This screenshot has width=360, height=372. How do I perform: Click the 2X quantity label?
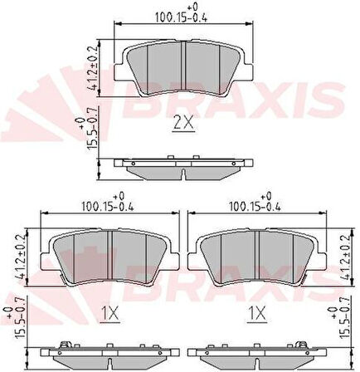point(183,123)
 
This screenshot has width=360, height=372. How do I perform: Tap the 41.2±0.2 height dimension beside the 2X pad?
point(93,68)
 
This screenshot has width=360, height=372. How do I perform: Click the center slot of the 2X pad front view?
point(183,66)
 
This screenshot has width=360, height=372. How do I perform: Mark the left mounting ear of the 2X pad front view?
point(119,72)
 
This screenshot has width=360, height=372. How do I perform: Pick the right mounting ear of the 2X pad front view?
point(248,72)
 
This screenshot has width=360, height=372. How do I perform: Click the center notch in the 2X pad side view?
point(183,174)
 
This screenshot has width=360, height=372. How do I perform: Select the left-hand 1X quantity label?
point(110,314)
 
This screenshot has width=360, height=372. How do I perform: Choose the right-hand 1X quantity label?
point(257,314)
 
